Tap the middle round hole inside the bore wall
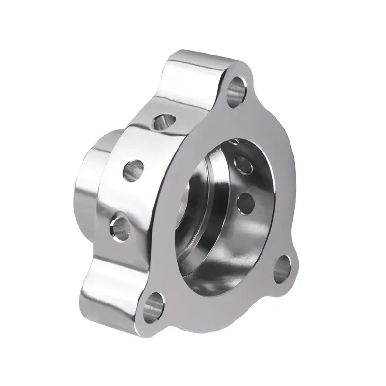244,164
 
